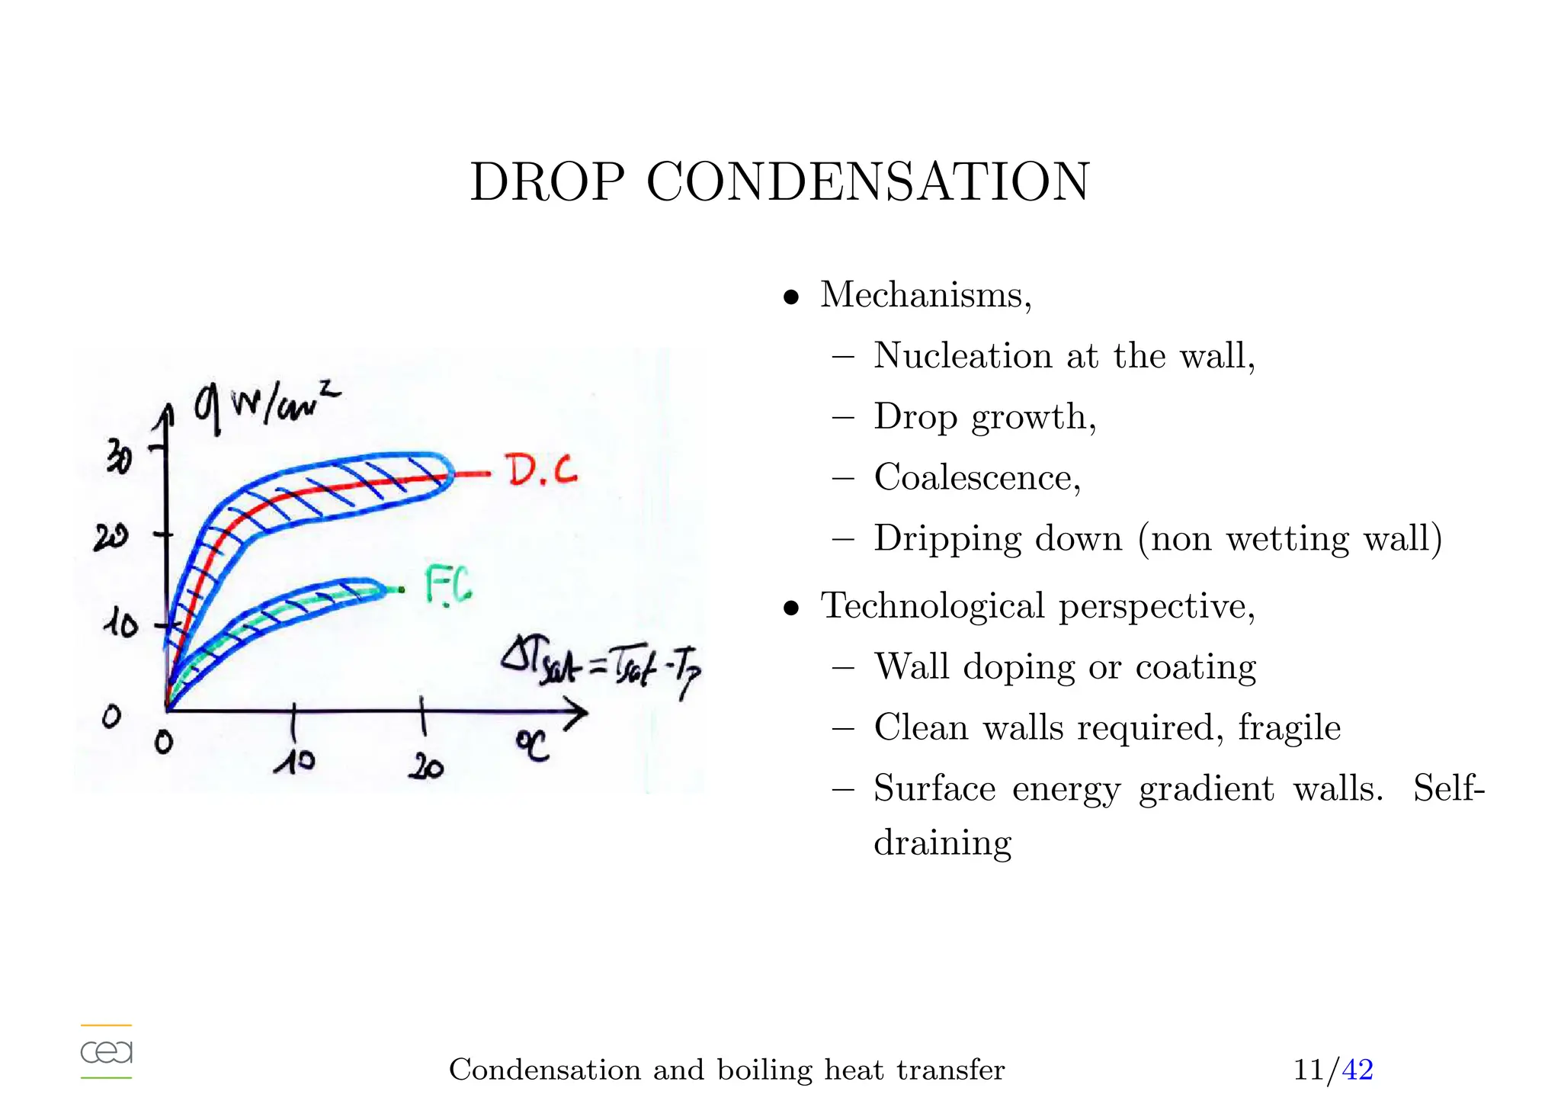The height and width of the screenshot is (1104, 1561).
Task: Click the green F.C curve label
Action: point(448,586)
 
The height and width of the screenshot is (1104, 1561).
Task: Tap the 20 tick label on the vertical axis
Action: point(111,539)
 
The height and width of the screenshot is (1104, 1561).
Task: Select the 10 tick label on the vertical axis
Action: point(120,624)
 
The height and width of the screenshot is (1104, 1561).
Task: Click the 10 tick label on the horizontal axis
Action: point(294,760)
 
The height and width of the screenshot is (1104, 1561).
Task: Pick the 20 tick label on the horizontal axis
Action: point(425,766)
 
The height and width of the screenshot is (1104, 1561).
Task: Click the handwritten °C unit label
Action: point(533,745)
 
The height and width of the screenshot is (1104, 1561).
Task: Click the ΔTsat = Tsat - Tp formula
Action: point(601,665)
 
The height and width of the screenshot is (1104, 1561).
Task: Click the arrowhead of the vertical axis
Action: point(165,416)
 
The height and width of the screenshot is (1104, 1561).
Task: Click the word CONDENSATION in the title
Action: point(868,183)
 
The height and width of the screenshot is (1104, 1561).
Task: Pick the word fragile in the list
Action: point(1289,727)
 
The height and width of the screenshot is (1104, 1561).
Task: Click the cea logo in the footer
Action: point(107,1052)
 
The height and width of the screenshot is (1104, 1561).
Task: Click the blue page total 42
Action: point(1357,1070)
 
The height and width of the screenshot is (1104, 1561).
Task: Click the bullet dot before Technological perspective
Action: point(792,608)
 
